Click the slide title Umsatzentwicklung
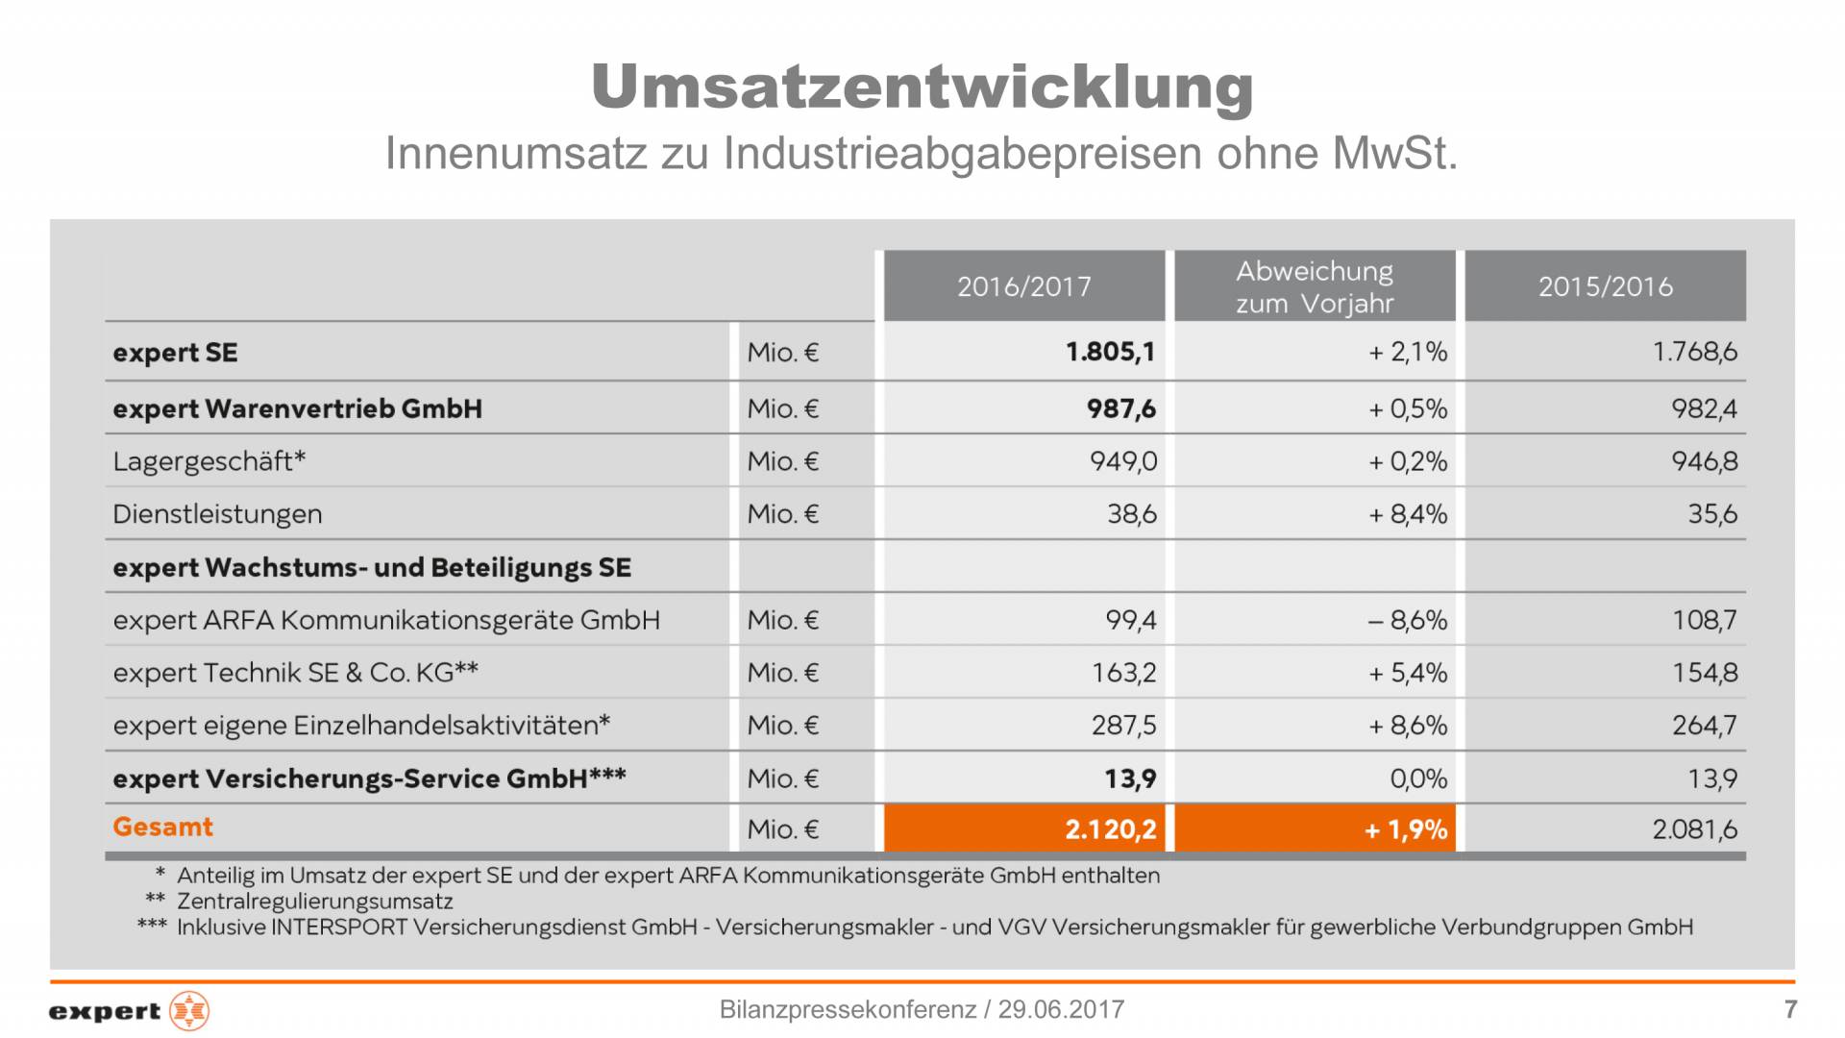coord(922,86)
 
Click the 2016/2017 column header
coord(1023,286)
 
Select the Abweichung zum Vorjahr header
coord(1315,286)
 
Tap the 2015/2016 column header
coord(1605,286)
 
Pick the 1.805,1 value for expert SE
coord(1110,352)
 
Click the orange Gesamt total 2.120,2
coord(1110,829)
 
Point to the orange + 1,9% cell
coord(1405,829)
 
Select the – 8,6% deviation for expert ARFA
coord(1408,620)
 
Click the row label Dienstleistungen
coord(217,514)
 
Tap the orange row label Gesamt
coord(162,827)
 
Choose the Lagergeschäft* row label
coord(209,461)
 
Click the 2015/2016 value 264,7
coord(1704,725)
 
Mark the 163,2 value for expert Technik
coord(1123,673)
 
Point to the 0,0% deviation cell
coord(1418,778)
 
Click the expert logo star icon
coord(189,1011)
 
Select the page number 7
coord(1790,1009)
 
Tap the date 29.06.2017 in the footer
coord(1061,1009)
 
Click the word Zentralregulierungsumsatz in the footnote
coord(315,902)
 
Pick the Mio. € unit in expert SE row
coord(782,353)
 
